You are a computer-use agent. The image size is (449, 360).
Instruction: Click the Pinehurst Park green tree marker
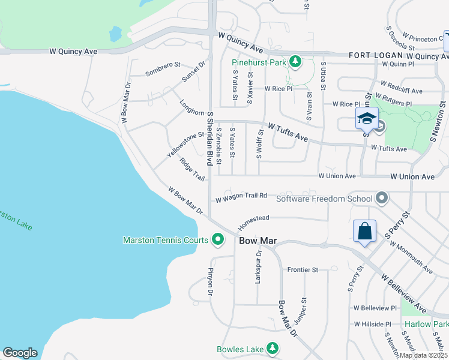pyautogui.click(x=295, y=62)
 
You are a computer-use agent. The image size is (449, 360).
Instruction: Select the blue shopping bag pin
pyautogui.click(x=365, y=231)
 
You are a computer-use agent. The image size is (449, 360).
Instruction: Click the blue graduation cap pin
pyautogui.click(x=367, y=118)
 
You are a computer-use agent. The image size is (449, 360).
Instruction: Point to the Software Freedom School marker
pyautogui.click(x=381, y=198)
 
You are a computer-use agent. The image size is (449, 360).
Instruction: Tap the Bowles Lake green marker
pyautogui.click(x=273, y=349)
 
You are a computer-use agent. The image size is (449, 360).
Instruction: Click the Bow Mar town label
pyautogui.click(x=258, y=241)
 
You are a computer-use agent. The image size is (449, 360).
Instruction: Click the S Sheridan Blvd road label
pyautogui.click(x=210, y=139)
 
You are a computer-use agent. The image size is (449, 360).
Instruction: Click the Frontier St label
pyautogui.click(x=303, y=270)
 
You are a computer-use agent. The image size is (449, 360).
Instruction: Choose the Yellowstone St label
pyautogui.click(x=185, y=145)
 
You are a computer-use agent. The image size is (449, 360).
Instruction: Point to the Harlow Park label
pyautogui.click(x=426, y=324)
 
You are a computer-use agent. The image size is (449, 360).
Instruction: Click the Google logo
pyautogui.click(x=20, y=353)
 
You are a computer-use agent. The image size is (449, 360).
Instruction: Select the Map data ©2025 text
pyautogui.click(x=423, y=355)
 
